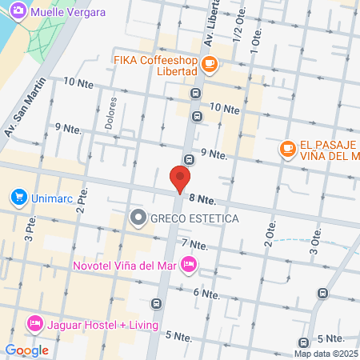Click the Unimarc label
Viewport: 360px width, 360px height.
click(x=54, y=197)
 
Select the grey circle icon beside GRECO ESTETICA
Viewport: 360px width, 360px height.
click(x=138, y=217)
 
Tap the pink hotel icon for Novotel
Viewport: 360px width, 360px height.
click(x=189, y=263)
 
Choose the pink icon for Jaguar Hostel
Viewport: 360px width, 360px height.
click(x=34, y=324)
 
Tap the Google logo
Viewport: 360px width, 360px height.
click(x=26, y=350)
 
